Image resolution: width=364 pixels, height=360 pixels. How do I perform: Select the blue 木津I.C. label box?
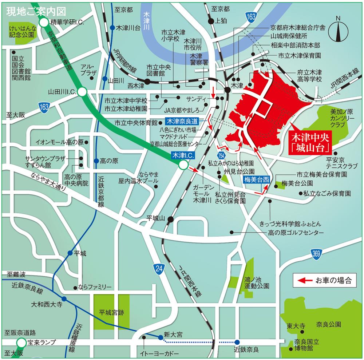183,155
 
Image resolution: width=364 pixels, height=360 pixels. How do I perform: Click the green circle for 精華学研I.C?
44,23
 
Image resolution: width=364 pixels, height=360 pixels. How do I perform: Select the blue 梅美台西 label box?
256,179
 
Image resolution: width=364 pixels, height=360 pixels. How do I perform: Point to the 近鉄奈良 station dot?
237,342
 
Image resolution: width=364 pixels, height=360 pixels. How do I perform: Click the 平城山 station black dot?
170,219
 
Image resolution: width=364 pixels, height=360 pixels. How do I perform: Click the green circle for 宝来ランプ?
21,343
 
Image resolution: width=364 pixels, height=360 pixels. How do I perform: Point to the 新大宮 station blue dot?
161,337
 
